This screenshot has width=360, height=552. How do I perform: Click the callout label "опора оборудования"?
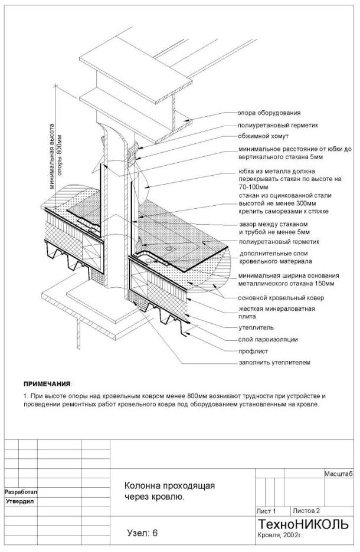click(x=269, y=113)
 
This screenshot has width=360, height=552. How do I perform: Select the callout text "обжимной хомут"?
click(x=263, y=136)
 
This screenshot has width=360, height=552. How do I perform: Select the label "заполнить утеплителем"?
click(x=274, y=362)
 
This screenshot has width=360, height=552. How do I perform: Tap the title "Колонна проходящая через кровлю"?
click(x=169, y=491)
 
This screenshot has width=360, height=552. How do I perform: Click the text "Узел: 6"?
click(x=143, y=533)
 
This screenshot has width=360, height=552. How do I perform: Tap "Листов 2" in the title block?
click(x=306, y=511)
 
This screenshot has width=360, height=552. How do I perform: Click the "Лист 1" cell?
click(x=266, y=511)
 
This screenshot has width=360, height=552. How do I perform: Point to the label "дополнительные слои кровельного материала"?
click(x=276, y=257)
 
